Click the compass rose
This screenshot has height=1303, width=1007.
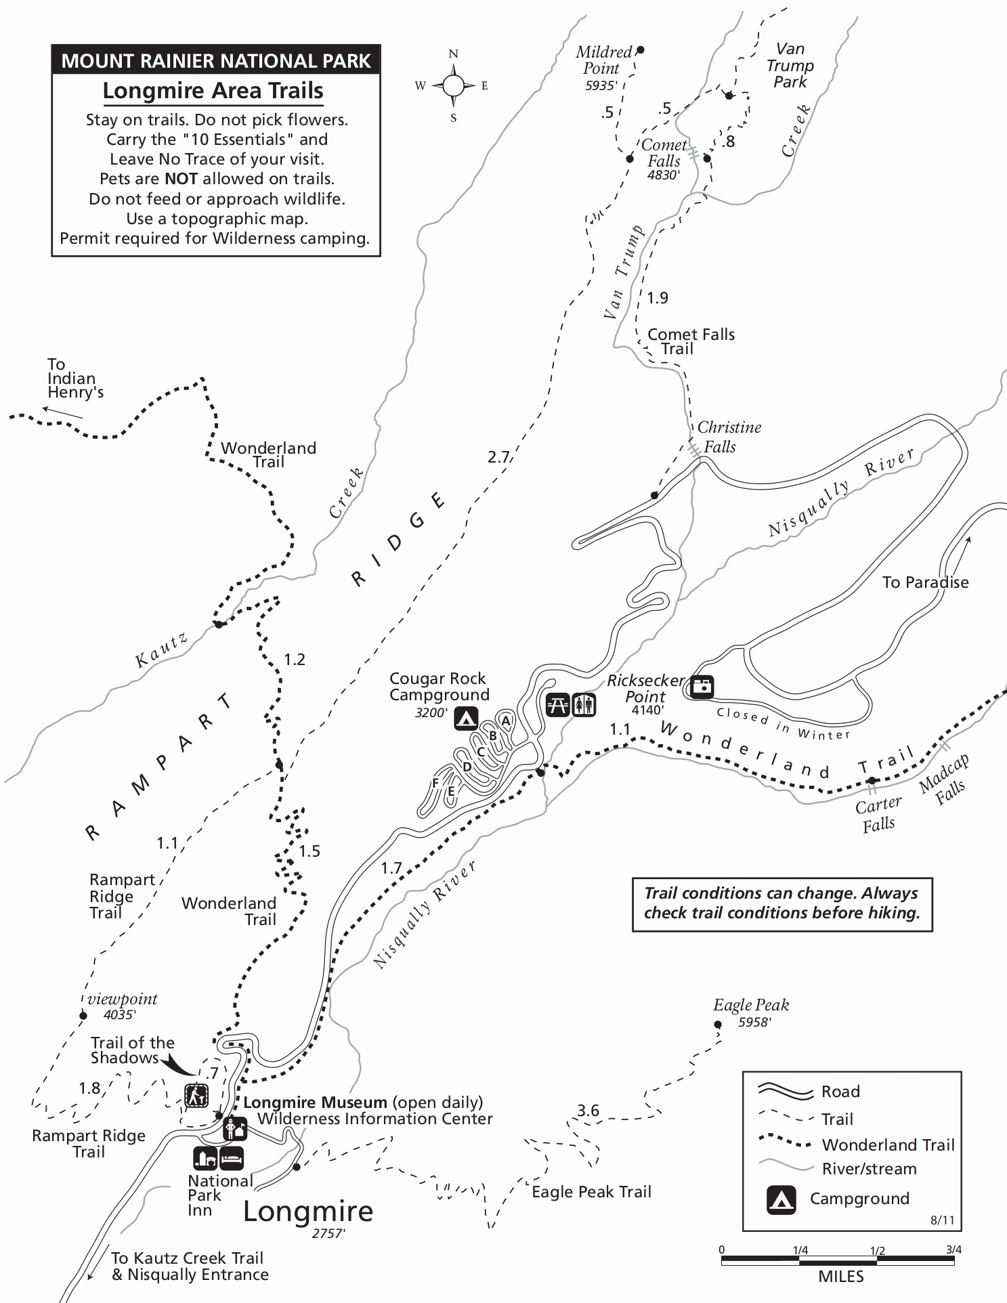pos(453,85)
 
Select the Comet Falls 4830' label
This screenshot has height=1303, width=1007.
pos(663,160)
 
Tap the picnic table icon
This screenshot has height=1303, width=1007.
pos(558,704)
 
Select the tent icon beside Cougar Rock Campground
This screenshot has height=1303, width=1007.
pos(466,718)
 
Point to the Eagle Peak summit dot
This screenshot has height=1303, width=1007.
pos(718,1025)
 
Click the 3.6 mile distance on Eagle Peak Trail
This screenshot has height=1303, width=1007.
pos(588,1110)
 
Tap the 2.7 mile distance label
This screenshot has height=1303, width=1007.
pos(498,457)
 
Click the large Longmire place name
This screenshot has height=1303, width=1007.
pos(308,1212)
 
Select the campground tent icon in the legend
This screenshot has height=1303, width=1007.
pos(781,1199)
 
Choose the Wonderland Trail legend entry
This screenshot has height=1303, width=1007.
pos(888,1145)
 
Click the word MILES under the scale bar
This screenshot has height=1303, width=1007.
pos(841,1277)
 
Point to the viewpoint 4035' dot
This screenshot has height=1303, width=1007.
pos(83,1014)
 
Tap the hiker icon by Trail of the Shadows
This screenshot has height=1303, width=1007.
pos(196,1095)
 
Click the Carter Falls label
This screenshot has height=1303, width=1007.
pos(878,814)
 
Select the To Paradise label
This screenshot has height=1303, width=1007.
pos(925,582)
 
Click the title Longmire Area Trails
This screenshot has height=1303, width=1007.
pos(213,91)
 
